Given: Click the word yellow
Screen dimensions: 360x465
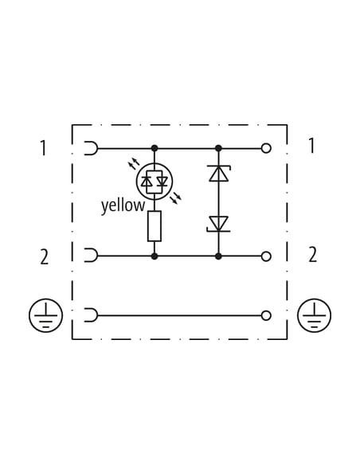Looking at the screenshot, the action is [123, 205].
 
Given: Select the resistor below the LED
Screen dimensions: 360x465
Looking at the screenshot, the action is [155, 226].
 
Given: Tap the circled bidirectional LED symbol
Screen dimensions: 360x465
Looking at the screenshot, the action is [155, 182].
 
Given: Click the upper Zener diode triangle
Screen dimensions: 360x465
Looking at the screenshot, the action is [218, 174].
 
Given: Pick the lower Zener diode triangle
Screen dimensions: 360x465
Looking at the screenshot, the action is [218, 224].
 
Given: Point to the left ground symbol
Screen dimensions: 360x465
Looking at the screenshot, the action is [45, 315].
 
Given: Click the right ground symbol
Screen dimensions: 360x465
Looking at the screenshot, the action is [315, 315].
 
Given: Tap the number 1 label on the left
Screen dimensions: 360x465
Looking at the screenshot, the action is [43, 148].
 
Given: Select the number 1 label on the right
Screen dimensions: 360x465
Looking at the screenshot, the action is [311, 146].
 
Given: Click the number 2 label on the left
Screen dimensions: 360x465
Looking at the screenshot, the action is [44, 257].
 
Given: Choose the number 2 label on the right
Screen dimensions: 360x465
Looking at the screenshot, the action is [312, 255].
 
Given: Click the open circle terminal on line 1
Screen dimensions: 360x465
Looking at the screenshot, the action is [266, 148].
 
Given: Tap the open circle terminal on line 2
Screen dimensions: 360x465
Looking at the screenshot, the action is [266, 256].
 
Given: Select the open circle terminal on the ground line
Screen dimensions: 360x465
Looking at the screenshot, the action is [266, 315].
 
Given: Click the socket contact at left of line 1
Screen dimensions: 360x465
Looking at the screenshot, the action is [91, 148].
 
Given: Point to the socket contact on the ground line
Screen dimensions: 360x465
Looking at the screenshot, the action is [91, 315].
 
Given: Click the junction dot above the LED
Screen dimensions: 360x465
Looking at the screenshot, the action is [155, 148].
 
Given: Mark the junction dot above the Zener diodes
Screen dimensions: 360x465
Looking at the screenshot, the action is [218, 148].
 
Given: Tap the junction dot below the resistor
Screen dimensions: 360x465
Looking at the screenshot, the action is [155, 256].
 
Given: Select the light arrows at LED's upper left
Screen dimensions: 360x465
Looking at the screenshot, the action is [134, 163].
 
